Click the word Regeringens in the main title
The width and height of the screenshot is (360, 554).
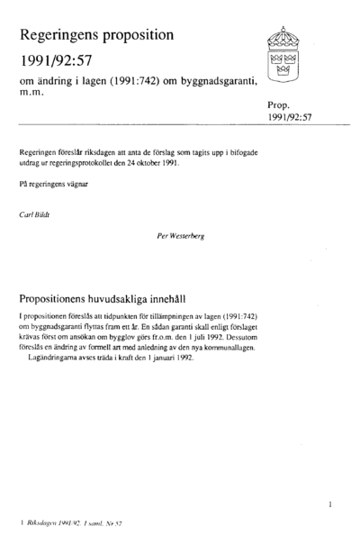(71, 36)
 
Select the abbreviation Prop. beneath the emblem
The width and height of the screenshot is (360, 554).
(279, 104)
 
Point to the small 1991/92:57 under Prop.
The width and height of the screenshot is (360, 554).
(289, 118)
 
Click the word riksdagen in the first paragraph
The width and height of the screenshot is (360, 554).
(103, 154)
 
